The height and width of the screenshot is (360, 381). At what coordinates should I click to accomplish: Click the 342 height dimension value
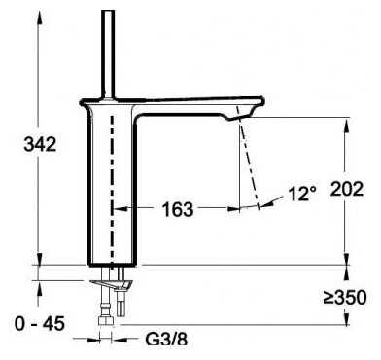(40, 144)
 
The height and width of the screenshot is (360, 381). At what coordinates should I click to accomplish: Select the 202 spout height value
(347, 189)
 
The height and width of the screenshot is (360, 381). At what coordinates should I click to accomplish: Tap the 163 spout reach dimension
(178, 209)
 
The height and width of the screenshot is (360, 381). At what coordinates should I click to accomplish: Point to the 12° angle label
(302, 194)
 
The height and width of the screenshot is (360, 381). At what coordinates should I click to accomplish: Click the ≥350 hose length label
(345, 297)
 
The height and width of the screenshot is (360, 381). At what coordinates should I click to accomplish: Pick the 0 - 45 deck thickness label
(40, 323)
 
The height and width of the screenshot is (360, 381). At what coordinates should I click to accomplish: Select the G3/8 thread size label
(166, 340)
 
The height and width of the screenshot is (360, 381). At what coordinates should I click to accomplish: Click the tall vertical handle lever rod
(108, 54)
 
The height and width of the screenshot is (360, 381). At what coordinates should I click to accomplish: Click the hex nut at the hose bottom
(106, 320)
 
